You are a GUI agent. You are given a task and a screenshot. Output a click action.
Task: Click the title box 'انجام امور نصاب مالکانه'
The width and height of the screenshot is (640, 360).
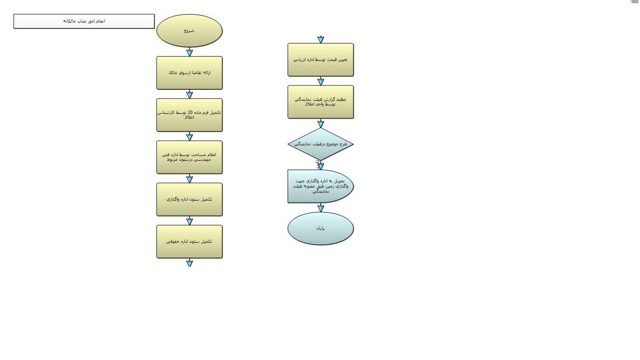[84, 21]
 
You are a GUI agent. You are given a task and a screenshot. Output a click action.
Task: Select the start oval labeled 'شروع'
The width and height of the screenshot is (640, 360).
[189, 30]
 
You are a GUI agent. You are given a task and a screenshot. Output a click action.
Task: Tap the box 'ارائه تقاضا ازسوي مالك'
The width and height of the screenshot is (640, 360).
[189, 73]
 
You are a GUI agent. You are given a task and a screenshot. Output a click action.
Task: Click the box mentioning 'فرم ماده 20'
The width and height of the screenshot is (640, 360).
[189, 115]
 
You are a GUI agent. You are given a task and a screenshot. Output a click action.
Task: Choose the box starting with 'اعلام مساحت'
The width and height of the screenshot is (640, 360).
[189, 157]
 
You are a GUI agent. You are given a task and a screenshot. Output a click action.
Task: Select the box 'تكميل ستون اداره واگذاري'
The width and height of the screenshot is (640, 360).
[189, 199]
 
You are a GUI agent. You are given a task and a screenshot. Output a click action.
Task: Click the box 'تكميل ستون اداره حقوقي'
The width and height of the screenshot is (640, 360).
[189, 241]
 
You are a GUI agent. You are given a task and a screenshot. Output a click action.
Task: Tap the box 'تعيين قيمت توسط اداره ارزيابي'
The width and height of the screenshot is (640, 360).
[320, 60]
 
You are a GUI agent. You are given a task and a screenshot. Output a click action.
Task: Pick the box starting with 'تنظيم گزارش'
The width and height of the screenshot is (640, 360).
[320, 102]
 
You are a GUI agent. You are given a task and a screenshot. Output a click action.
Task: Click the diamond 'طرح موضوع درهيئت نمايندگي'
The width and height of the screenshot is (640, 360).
[320, 144]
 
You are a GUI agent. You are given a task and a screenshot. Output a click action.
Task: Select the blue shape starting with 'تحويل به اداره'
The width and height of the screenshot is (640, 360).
[320, 186]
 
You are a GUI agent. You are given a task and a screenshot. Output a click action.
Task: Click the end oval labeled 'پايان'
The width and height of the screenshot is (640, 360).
[320, 228]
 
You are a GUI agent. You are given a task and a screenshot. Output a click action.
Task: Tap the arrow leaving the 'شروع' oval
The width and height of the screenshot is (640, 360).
[189, 52]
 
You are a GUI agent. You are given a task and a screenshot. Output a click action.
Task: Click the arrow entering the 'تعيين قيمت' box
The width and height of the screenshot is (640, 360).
[320, 39]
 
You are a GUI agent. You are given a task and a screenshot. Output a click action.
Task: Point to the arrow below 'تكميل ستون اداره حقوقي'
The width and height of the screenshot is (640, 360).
[189, 263]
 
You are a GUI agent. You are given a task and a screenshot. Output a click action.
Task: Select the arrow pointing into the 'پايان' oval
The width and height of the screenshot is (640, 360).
[320, 208]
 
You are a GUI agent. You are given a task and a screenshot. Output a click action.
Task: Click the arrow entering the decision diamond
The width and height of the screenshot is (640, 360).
[320, 123]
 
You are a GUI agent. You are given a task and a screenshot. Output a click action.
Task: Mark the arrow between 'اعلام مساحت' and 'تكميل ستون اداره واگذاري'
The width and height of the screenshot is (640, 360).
[189, 179]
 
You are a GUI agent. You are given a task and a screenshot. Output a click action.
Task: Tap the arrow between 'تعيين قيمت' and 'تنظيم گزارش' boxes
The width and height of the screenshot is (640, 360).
[320, 81]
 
